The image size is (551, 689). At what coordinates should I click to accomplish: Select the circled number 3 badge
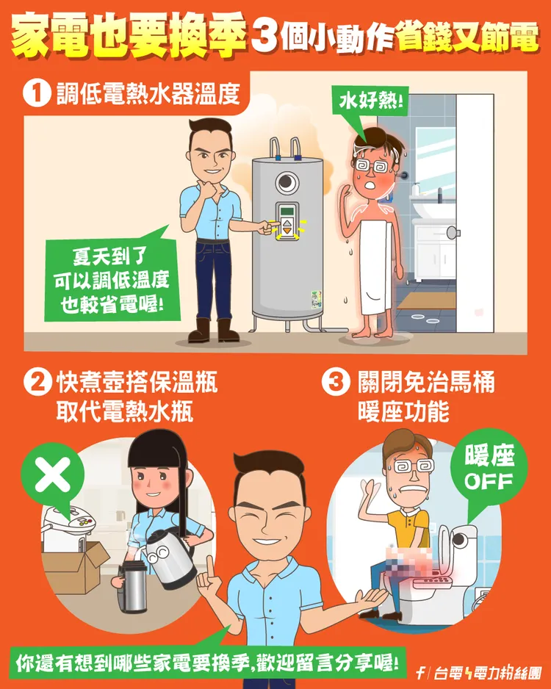(335, 383)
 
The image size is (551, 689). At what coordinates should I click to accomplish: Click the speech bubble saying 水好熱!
(371, 101)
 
